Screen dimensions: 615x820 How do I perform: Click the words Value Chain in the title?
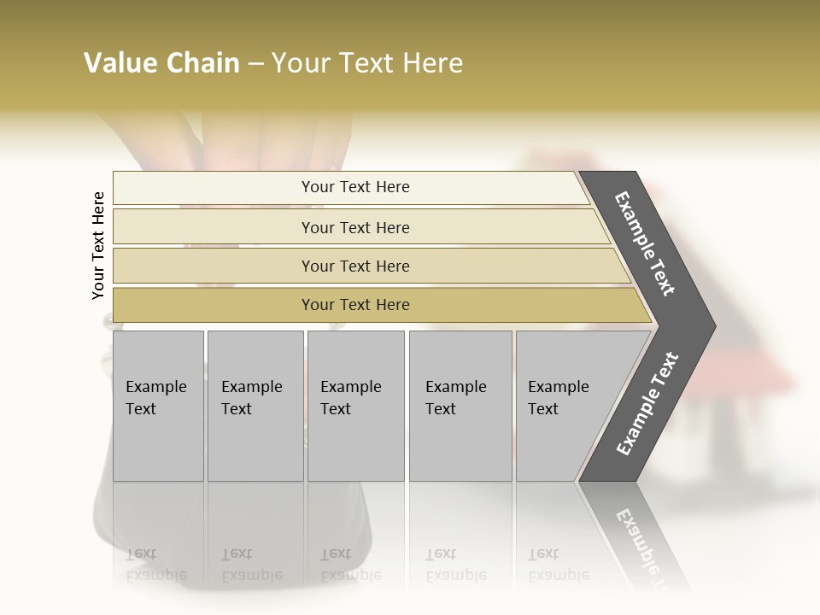tap(161, 63)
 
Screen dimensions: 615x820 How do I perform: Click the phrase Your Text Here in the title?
tap(367, 63)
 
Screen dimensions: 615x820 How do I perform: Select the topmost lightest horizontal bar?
tap(214, 188)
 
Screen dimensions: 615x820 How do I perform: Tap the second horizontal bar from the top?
tap(214, 227)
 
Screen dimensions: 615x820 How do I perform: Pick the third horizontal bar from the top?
tap(214, 266)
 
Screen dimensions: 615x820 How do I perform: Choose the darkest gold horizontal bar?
tap(214, 305)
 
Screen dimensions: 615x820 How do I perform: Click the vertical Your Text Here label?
tap(98, 245)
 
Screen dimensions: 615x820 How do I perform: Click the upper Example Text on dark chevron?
tap(645, 243)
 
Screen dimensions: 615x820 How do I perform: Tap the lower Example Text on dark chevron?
tap(647, 404)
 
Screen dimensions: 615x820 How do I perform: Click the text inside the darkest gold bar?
tap(355, 305)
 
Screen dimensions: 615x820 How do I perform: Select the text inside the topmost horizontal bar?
tap(355, 187)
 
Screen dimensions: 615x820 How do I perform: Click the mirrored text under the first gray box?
tap(155, 565)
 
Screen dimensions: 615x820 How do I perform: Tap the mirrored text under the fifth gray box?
tap(558, 565)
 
